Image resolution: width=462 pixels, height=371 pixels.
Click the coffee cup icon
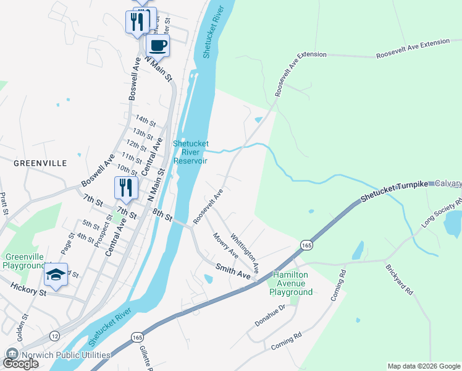(157, 45)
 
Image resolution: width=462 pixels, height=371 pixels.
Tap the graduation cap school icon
(56, 275)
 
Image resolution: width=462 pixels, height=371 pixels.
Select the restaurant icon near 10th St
(126, 188)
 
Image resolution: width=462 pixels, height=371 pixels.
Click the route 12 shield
(56, 335)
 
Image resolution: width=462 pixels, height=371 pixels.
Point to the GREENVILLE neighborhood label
(40, 163)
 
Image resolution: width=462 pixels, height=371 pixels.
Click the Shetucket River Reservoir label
(190, 151)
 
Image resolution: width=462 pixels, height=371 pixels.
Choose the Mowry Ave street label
(225, 245)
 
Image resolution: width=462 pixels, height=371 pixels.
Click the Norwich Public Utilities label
(66, 355)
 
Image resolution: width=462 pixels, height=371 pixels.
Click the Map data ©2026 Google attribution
(424, 366)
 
